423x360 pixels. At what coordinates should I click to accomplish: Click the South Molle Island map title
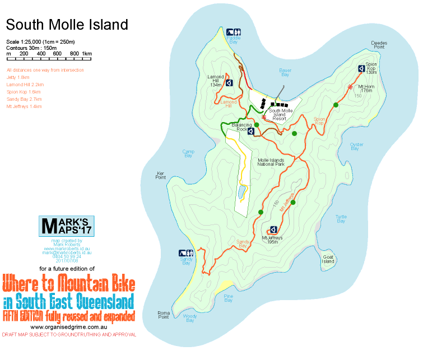67,25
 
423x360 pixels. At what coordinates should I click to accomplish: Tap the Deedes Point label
379,45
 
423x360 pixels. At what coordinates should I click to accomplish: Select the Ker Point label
161,175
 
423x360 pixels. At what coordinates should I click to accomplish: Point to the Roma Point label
163,315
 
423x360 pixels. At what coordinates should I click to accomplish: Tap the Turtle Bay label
341,218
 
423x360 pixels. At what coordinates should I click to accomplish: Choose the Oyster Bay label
357,147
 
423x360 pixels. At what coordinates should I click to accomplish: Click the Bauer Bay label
285,72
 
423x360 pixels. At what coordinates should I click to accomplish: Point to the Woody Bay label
190,319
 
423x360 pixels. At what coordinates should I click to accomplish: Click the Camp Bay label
188,153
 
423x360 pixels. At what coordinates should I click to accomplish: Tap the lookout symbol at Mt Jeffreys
273,229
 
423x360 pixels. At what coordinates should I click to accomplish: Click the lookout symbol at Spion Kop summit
361,69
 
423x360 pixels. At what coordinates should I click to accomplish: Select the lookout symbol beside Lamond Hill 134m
229,83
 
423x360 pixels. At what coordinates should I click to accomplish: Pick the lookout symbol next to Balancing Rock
250,131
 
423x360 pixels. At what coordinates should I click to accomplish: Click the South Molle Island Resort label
285,114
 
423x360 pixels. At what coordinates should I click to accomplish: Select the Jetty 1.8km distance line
17,77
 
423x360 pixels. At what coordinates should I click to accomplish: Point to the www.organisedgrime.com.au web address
69,326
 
